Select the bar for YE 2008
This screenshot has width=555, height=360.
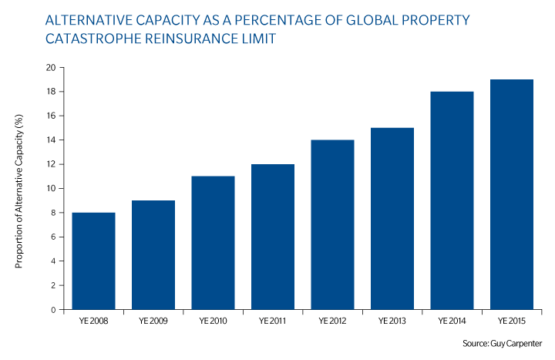tap(93, 261)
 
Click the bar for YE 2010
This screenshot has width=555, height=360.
tap(213, 243)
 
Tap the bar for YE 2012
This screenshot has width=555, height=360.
tap(332, 225)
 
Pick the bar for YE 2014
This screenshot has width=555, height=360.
tap(452, 200)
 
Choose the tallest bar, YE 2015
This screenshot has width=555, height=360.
tap(512, 195)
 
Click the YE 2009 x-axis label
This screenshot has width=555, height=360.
tap(153, 321)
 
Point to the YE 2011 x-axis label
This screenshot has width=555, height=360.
tap(273, 321)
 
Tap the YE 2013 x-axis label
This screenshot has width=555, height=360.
tap(392, 321)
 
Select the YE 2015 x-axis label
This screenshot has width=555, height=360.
tap(512, 321)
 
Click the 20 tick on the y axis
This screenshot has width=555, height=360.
tap(51, 67)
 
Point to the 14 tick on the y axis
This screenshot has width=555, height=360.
tap(51, 140)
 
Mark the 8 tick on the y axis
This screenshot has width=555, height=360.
tap(53, 213)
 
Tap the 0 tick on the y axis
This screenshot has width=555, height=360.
tap(53, 310)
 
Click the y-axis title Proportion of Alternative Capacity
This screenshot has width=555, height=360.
tap(19, 191)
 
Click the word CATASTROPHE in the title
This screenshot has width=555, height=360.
tap(93, 39)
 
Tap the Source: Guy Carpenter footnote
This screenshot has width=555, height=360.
tap(503, 344)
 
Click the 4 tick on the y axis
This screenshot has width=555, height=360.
tap(53, 261)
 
